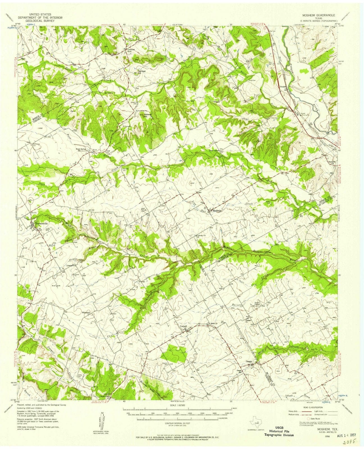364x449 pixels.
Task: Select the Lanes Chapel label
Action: (x=214, y=151)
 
